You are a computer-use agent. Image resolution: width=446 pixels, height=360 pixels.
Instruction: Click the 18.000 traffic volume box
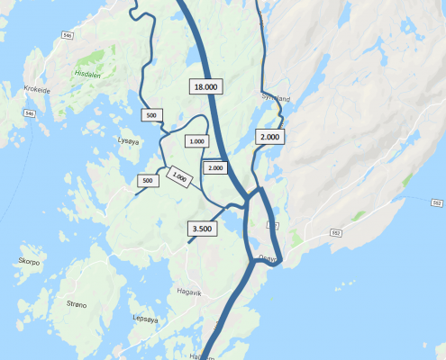click(205, 86)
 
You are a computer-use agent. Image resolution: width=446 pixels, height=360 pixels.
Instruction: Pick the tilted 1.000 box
click(177, 177)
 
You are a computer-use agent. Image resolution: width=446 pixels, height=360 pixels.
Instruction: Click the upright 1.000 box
click(196, 141)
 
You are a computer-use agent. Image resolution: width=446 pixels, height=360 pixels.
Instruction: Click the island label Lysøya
click(130, 141)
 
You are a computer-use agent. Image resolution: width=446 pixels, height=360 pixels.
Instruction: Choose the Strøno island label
click(77, 305)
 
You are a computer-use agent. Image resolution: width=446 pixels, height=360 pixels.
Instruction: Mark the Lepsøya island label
click(144, 318)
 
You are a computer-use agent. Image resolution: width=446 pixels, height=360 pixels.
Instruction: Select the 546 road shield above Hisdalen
click(68, 35)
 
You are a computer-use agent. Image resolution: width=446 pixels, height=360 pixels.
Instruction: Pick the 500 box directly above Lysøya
click(150, 115)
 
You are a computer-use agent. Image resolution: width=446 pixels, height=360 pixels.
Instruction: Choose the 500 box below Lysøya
click(147, 181)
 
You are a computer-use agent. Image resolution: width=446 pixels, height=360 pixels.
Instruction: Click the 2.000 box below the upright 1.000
click(215, 168)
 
